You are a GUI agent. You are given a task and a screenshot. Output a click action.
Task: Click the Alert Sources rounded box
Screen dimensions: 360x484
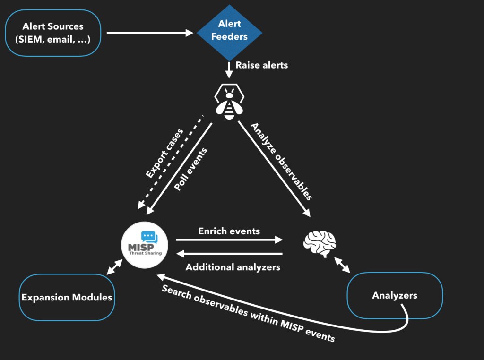53,33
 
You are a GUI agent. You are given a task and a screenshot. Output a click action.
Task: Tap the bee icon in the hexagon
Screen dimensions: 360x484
229,101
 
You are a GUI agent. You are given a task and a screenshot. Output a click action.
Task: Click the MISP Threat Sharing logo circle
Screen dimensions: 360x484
145,245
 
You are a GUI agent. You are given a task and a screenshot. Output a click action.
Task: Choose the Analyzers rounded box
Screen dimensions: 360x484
395,296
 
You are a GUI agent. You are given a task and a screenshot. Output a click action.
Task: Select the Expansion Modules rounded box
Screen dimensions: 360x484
67,297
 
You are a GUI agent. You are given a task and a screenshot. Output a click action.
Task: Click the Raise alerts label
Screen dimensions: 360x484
261,65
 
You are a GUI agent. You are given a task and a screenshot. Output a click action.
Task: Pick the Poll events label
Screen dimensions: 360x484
190,169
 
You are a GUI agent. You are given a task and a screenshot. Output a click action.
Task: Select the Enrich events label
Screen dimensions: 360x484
229,231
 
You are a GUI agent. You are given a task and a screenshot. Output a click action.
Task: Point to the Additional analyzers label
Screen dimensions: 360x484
233,267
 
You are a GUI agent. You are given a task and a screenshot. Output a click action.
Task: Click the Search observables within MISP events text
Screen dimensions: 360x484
248,314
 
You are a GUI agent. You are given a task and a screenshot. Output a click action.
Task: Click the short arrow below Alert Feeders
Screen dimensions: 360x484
229,69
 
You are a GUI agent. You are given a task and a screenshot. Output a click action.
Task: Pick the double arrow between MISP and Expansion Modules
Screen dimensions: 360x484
114,267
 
